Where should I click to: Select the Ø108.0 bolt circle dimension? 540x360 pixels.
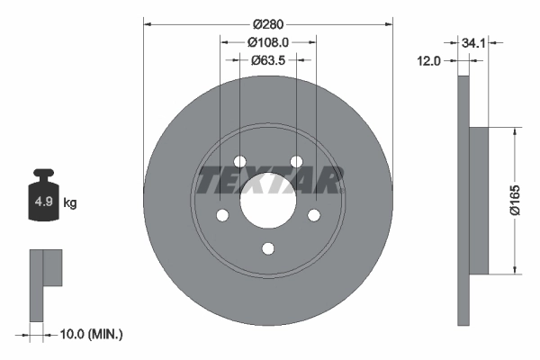[268, 41]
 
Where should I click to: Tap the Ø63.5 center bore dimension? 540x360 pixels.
[268, 61]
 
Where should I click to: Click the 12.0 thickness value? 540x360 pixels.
[431, 61]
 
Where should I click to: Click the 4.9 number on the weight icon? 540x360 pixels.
[42, 202]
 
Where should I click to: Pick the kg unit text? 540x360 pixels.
[70, 202]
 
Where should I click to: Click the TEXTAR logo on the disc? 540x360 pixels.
[268, 180]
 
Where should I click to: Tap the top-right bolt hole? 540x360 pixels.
[296, 161]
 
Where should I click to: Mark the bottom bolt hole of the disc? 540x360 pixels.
[267, 249]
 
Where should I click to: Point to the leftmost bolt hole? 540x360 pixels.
[221, 215]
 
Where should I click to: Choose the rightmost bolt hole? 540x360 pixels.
[314, 215]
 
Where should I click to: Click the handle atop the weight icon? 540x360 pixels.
[42, 175]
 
